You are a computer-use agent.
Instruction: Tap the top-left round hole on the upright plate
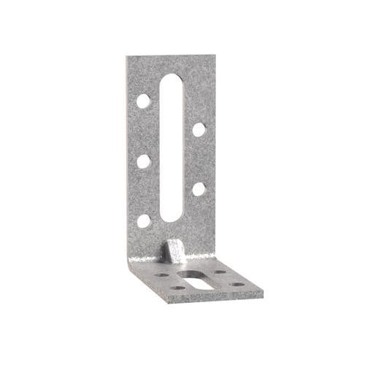144,101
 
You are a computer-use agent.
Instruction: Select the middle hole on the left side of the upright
144,161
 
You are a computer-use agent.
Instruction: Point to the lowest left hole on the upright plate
144,220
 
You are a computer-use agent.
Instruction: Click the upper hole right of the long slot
199,130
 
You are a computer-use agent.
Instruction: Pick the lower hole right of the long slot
199,189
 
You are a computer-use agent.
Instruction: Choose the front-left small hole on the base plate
177,287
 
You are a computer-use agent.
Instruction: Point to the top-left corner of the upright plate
126,58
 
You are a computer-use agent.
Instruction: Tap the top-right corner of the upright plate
216,57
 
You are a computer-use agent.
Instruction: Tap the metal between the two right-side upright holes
199,159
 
